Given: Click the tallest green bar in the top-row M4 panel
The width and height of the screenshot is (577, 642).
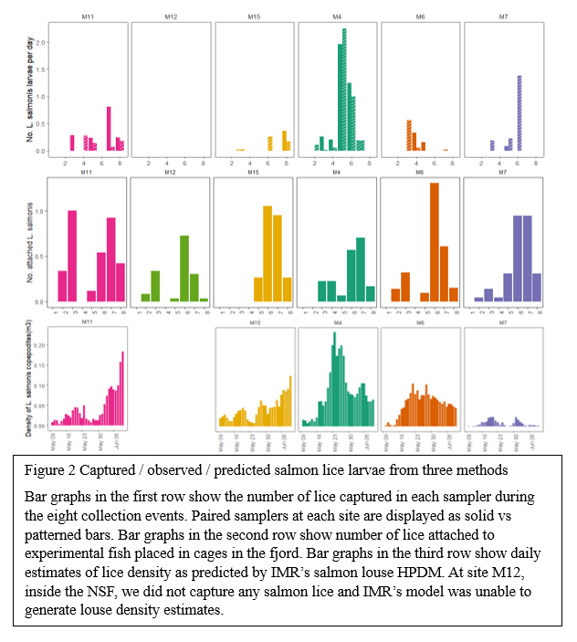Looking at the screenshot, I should [344, 91].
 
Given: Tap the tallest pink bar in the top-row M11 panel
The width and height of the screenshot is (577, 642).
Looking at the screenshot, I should [109, 129].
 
